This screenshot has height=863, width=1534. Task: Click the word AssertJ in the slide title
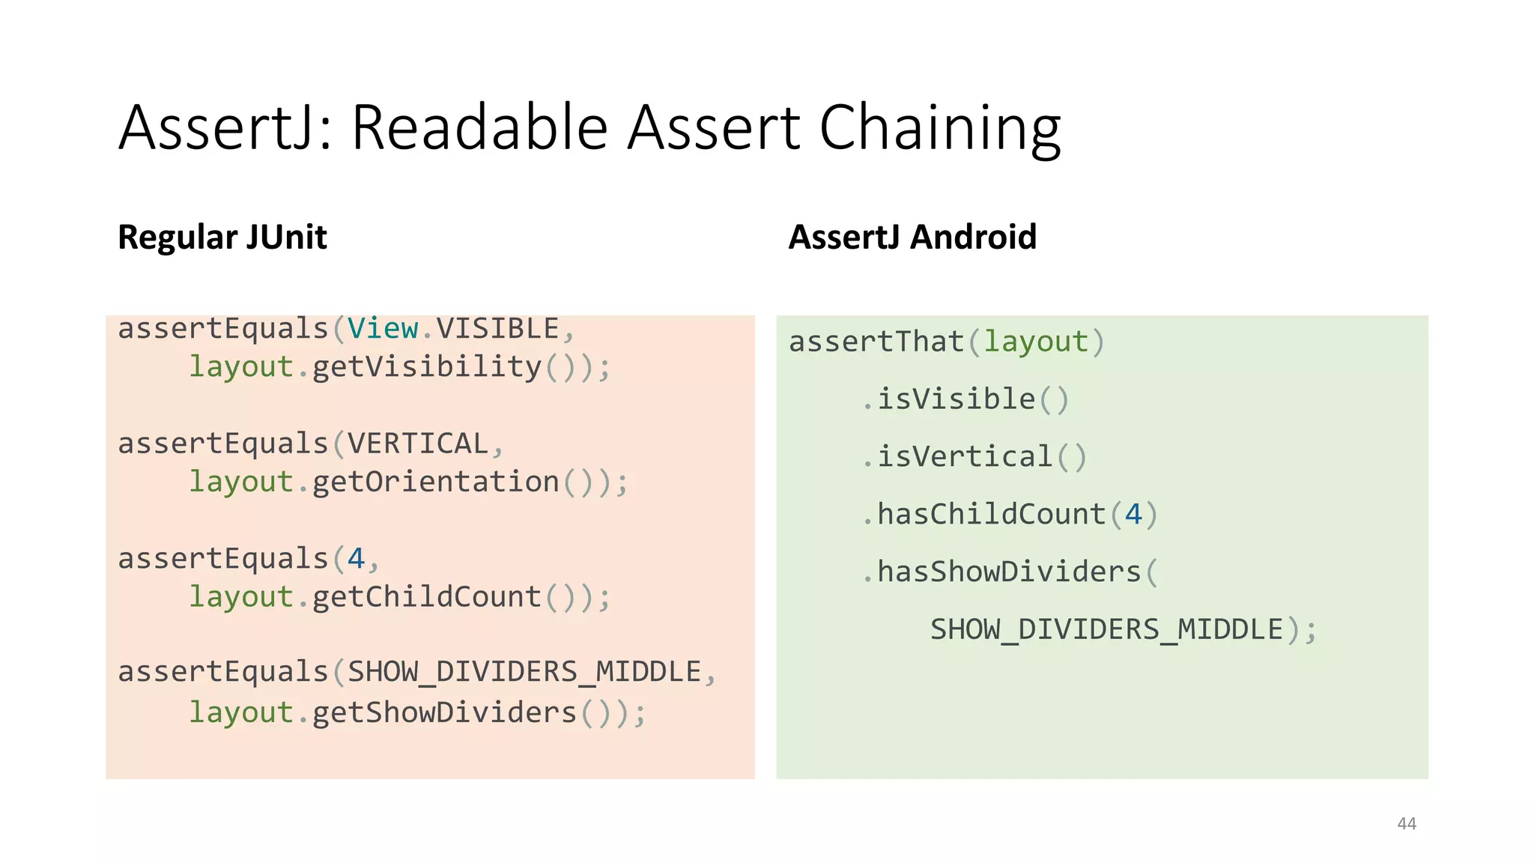216,127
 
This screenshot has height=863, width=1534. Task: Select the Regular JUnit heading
222,237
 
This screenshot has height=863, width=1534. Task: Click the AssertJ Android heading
912,237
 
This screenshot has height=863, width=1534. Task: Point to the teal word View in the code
382,329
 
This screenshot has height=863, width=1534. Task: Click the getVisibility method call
426,367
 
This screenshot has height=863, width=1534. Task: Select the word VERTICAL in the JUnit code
418,443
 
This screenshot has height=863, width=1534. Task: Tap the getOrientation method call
435,482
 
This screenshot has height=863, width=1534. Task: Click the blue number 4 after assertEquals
356,559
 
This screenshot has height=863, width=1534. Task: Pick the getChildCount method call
426,597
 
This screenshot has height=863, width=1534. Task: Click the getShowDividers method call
444,712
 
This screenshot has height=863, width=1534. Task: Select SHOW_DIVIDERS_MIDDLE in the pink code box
524,672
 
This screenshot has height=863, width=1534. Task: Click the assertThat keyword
876,342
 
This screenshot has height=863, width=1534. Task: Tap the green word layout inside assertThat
1035,342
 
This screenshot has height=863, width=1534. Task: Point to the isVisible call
956,399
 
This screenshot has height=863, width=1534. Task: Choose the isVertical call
965,457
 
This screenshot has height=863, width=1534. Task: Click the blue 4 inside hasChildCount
1133,515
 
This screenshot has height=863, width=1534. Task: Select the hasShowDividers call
1008,572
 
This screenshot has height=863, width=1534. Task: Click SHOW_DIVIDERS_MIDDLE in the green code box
1106,629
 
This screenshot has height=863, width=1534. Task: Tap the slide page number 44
1407,824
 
